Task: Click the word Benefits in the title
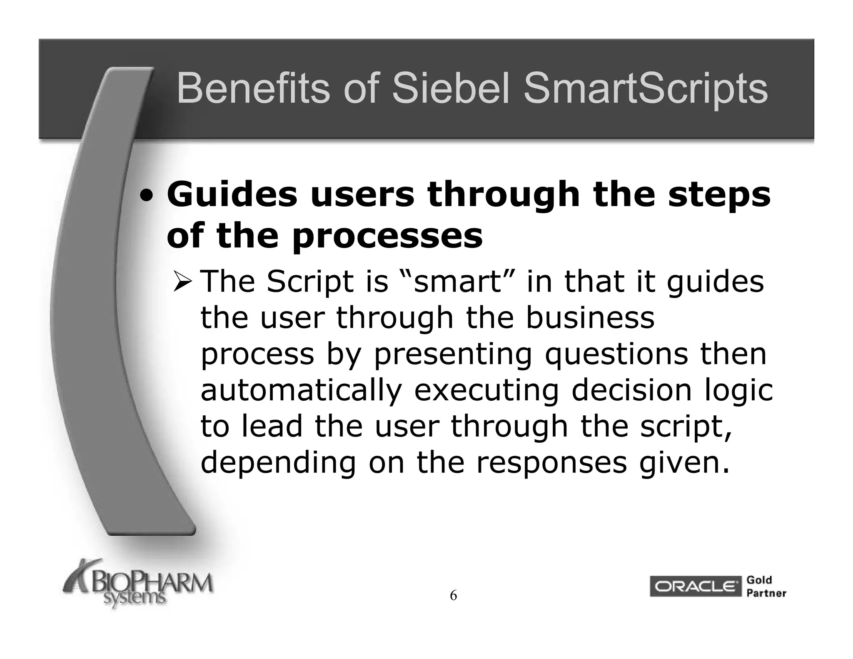click(x=252, y=89)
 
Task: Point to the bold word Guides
click(x=232, y=195)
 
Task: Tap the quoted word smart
click(x=457, y=282)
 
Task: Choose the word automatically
click(x=301, y=391)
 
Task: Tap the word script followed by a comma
click(x=686, y=427)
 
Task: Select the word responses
click(x=551, y=463)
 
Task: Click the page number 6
click(x=453, y=596)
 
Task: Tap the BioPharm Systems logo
click(x=137, y=584)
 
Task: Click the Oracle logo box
click(x=695, y=587)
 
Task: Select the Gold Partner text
click(x=766, y=587)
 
